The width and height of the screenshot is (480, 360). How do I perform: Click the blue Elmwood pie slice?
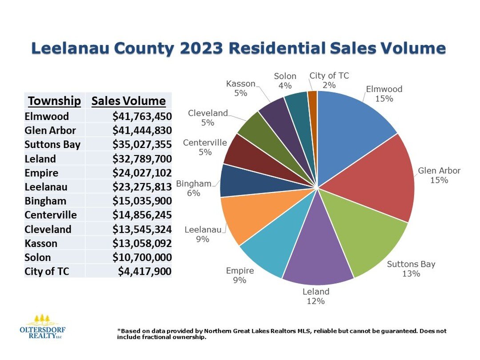(x=351, y=129)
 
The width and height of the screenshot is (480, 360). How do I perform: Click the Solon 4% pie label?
(x=285, y=81)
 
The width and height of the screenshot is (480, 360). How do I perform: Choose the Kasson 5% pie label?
(x=241, y=88)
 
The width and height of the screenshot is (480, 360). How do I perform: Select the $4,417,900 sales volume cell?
(x=144, y=271)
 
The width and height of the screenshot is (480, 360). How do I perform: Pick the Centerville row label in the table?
(x=51, y=215)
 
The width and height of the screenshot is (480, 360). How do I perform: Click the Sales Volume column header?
(x=128, y=101)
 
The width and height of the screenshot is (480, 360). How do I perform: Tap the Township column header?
(x=54, y=101)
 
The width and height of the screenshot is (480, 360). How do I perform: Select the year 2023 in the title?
(x=233, y=48)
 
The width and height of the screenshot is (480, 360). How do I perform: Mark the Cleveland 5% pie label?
(x=208, y=118)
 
